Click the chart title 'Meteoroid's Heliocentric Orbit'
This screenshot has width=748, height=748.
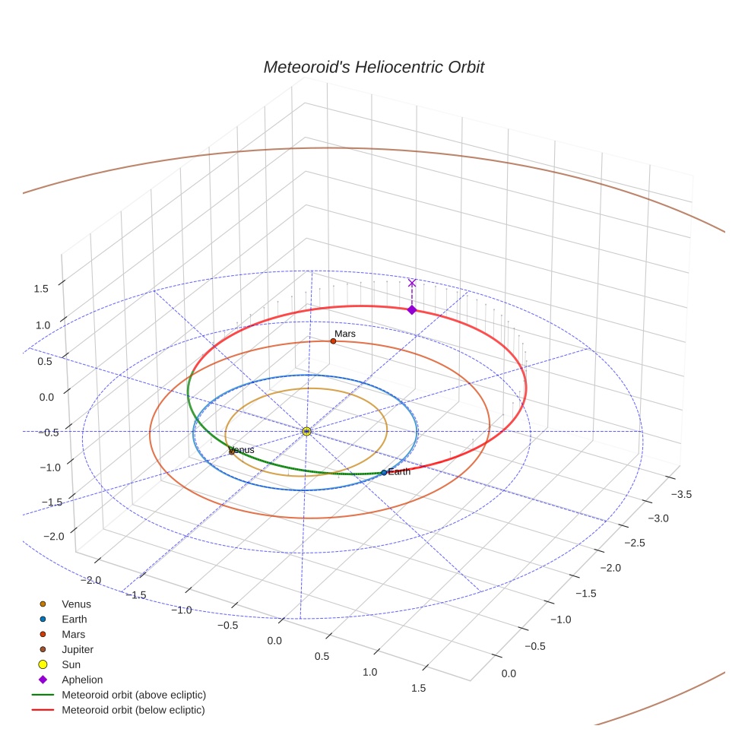(373, 67)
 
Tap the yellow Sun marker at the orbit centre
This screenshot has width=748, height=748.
(306, 431)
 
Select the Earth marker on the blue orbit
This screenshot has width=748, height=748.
(384, 473)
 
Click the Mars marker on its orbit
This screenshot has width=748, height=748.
(333, 341)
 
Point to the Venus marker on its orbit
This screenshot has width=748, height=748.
(231, 452)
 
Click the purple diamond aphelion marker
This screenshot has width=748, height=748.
(412, 309)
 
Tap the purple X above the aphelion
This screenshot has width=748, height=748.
(412, 283)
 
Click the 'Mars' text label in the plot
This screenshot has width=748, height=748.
(345, 334)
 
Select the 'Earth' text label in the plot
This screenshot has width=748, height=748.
(399, 472)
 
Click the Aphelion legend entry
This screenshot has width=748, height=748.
(81, 680)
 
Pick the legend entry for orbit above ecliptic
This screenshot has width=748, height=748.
(134, 695)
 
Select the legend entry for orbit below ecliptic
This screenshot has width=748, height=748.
(133, 710)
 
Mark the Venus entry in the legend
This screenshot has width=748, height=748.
(76, 604)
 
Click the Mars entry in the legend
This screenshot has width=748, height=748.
(73, 634)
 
